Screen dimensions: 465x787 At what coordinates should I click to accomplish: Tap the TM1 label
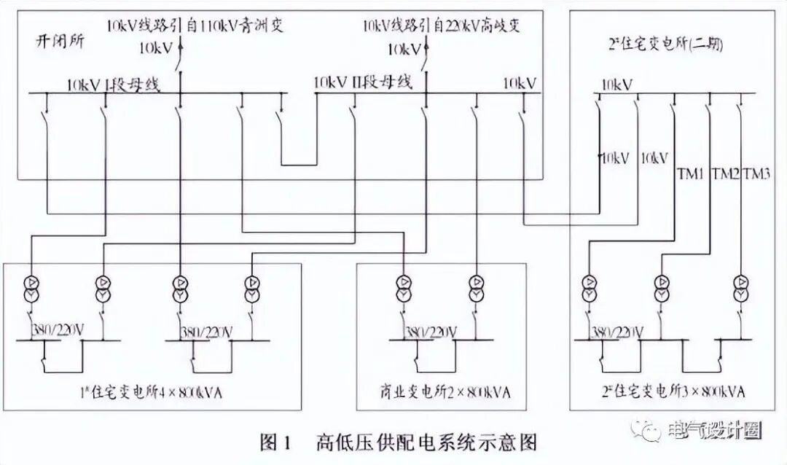click(689, 173)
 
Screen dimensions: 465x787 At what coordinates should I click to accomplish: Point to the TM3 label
click(756, 173)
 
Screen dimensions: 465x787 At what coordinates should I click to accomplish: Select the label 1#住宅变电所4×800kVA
click(151, 394)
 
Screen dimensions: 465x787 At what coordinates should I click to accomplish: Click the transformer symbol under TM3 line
click(741, 288)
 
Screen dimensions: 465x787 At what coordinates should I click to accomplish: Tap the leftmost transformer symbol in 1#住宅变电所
click(31, 288)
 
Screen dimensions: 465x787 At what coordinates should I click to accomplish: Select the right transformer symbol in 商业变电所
click(477, 288)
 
